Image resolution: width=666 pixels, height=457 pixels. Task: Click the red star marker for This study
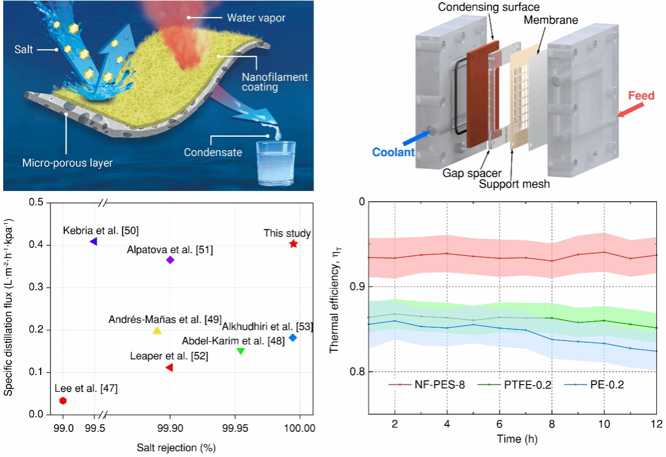(x=293, y=244)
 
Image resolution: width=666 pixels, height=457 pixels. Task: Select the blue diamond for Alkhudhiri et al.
(x=292, y=337)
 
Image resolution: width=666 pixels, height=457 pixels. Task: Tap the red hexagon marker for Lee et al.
(x=63, y=401)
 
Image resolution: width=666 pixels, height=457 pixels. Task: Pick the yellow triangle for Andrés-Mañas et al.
(x=157, y=331)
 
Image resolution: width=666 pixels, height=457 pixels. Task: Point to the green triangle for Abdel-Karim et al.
(x=241, y=351)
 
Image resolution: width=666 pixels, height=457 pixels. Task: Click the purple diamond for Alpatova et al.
(x=171, y=260)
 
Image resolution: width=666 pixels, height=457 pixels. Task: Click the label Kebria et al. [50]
(x=100, y=231)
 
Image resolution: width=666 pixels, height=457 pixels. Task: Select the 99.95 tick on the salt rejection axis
(x=235, y=429)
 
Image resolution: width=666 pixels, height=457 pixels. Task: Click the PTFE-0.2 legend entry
(x=528, y=385)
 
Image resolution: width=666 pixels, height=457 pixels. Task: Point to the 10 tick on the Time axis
(x=604, y=423)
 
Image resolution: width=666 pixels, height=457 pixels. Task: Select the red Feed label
(x=641, y=96)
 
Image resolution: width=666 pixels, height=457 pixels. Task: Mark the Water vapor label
(x=256, y=18)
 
